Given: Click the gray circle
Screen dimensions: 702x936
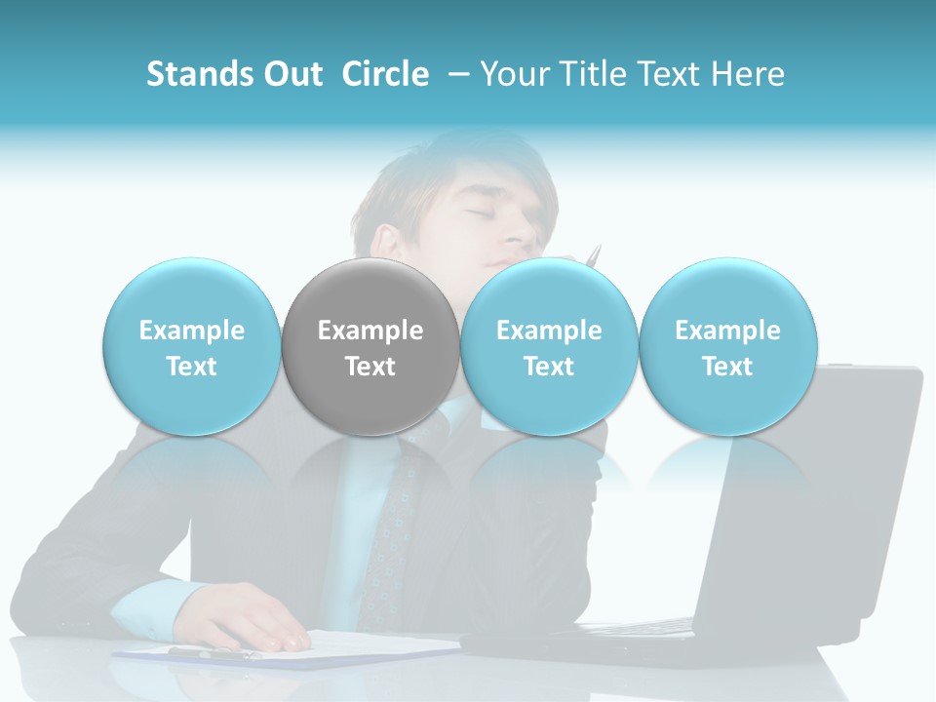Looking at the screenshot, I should [370, 347].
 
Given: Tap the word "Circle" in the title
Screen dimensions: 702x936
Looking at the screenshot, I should [385, 74].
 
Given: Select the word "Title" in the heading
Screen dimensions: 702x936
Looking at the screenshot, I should [604, 74].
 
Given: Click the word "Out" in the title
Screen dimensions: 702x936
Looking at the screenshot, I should [294, 74].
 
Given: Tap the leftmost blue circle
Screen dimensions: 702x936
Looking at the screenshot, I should [192, 347].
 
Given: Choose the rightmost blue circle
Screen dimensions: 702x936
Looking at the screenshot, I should [727, 347].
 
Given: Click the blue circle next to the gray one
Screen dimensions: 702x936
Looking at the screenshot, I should [549, 347].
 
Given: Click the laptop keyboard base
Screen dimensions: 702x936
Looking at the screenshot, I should [624, 643].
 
